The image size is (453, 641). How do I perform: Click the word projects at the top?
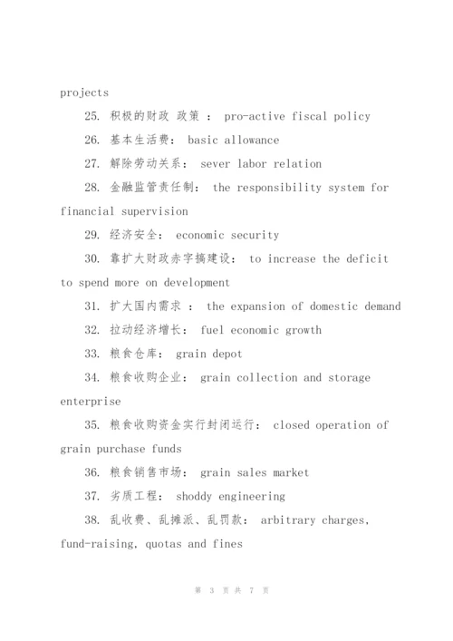tap(84, 92)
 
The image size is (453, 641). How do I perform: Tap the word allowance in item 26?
tap(248, 140)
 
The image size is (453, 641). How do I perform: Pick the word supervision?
tap(155, 211)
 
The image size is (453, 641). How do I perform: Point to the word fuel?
tap(205, 330)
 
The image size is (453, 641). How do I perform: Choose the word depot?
tap(224, 354)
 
